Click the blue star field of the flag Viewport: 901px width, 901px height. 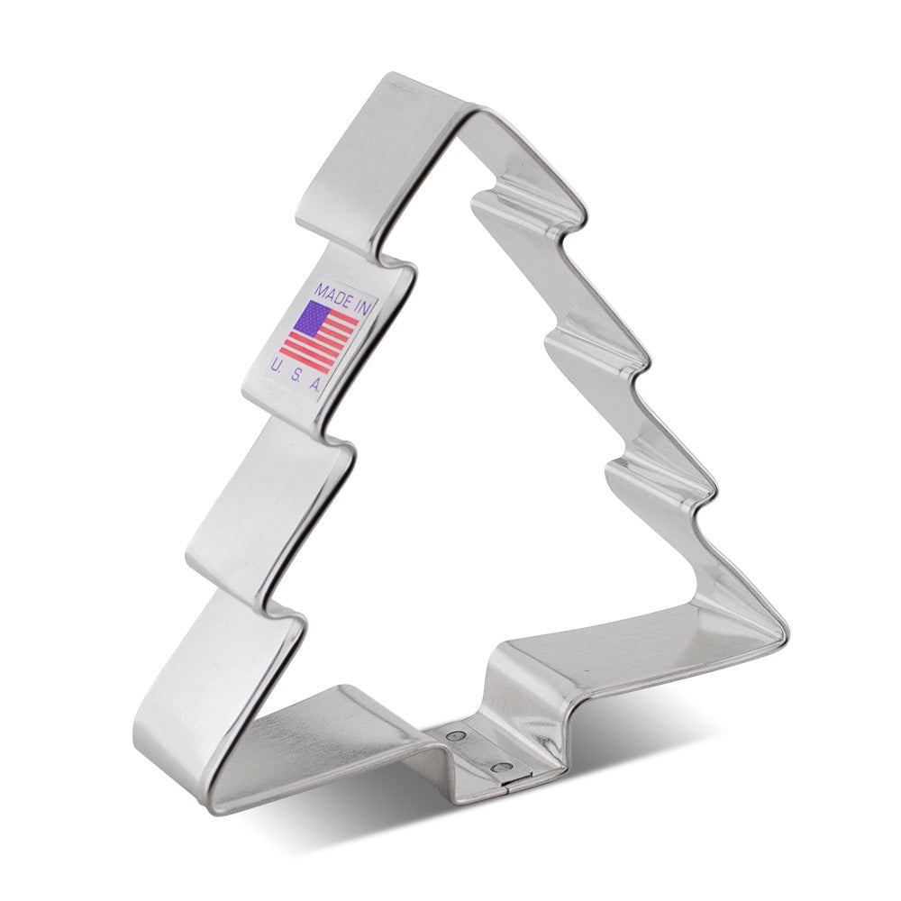(310, 318)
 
